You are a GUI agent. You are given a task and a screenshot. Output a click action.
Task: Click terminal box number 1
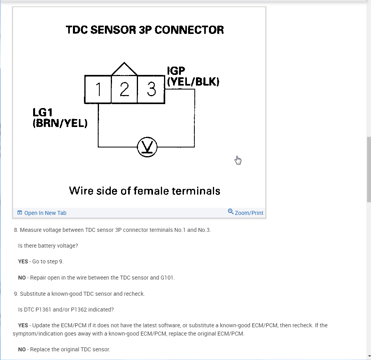tap(98, 90)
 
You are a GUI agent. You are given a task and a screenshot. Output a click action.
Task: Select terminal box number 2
tap(124, 90)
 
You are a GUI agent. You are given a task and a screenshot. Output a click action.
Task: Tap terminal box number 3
tap(151, 90)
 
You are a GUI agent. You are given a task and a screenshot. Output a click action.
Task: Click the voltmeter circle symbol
tap(147, 147)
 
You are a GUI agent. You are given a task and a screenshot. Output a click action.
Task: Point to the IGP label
tap(176, 71)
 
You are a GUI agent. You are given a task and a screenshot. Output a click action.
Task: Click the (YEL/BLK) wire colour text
tap(193, 82)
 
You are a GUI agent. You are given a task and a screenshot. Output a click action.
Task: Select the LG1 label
tap(42, 112)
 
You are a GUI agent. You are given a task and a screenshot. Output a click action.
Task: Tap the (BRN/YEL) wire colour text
tap(60, 123)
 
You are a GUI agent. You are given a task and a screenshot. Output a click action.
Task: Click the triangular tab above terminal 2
tap(125, 69)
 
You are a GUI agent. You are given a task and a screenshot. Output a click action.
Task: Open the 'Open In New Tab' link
tap(45, 213)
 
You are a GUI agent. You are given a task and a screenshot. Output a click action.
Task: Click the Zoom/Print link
tap(249, 213)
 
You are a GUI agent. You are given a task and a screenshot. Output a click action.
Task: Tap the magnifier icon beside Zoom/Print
tap(231, 212)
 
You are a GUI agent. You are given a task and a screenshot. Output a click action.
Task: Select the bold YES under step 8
tap(23, 261)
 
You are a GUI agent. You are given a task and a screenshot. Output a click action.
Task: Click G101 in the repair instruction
tap(167, 278)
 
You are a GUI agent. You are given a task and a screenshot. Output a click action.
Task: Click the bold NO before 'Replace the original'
tap(22, 349)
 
